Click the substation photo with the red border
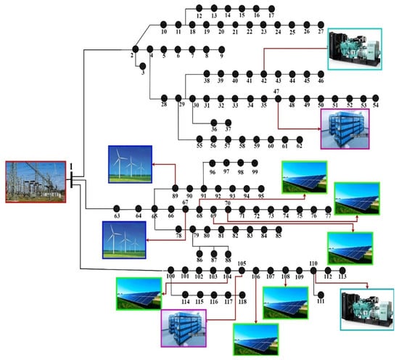[36, 182]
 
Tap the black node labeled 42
[264, 74]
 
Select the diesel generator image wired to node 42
[355, 49]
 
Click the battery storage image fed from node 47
[345, 128]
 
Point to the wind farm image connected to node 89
[131, 164]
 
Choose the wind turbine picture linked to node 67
[124, 240]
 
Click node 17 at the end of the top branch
[272, 9]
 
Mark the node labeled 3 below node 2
[143, 66]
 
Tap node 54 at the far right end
[376, 98]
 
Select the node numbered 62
[300, 139]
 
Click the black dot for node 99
[255, 163]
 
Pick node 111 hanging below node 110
[321, 295]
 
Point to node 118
[242, 295]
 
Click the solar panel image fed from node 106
[256, 340]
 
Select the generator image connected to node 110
[367, 309]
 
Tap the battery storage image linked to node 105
[184, 328]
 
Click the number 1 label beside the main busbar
[71, 166]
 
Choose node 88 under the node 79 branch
[229, 254]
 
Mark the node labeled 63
[117, 209]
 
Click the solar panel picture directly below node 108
[286, 303]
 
